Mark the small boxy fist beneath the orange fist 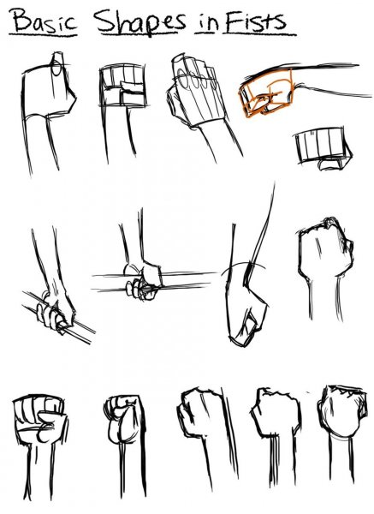tap(318, 146)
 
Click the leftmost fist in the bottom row tap(38, 421)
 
